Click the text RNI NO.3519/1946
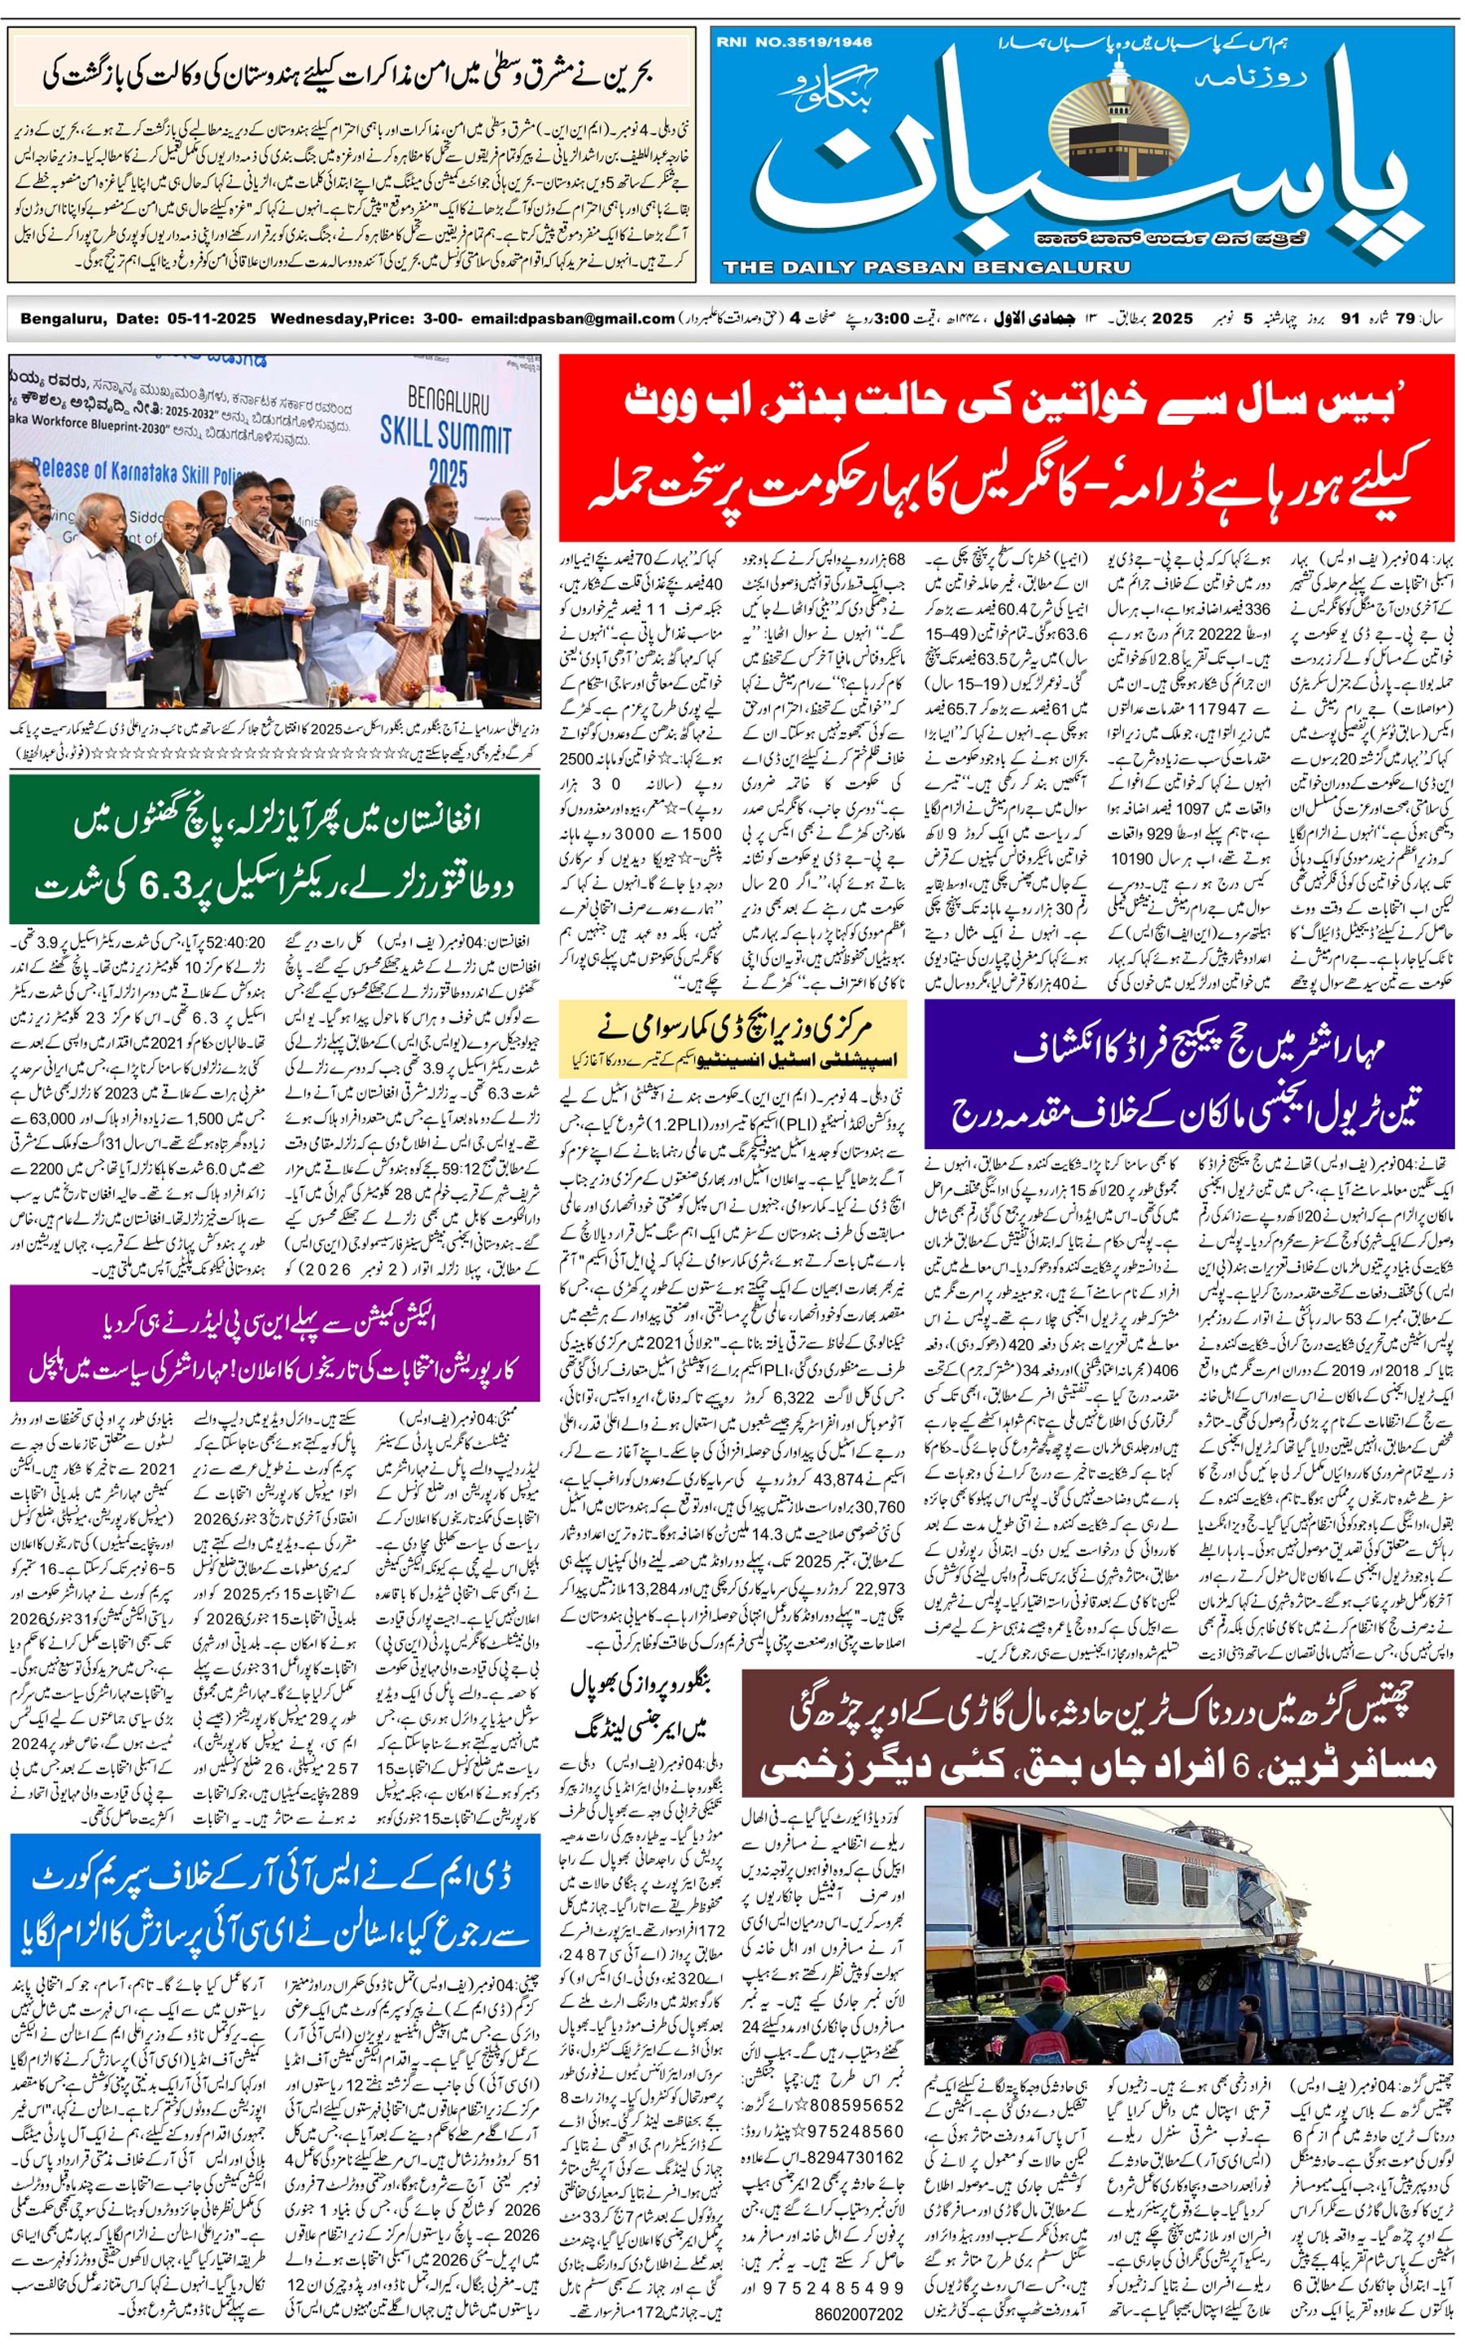click(794, 42)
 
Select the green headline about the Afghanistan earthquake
click(274, 851)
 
